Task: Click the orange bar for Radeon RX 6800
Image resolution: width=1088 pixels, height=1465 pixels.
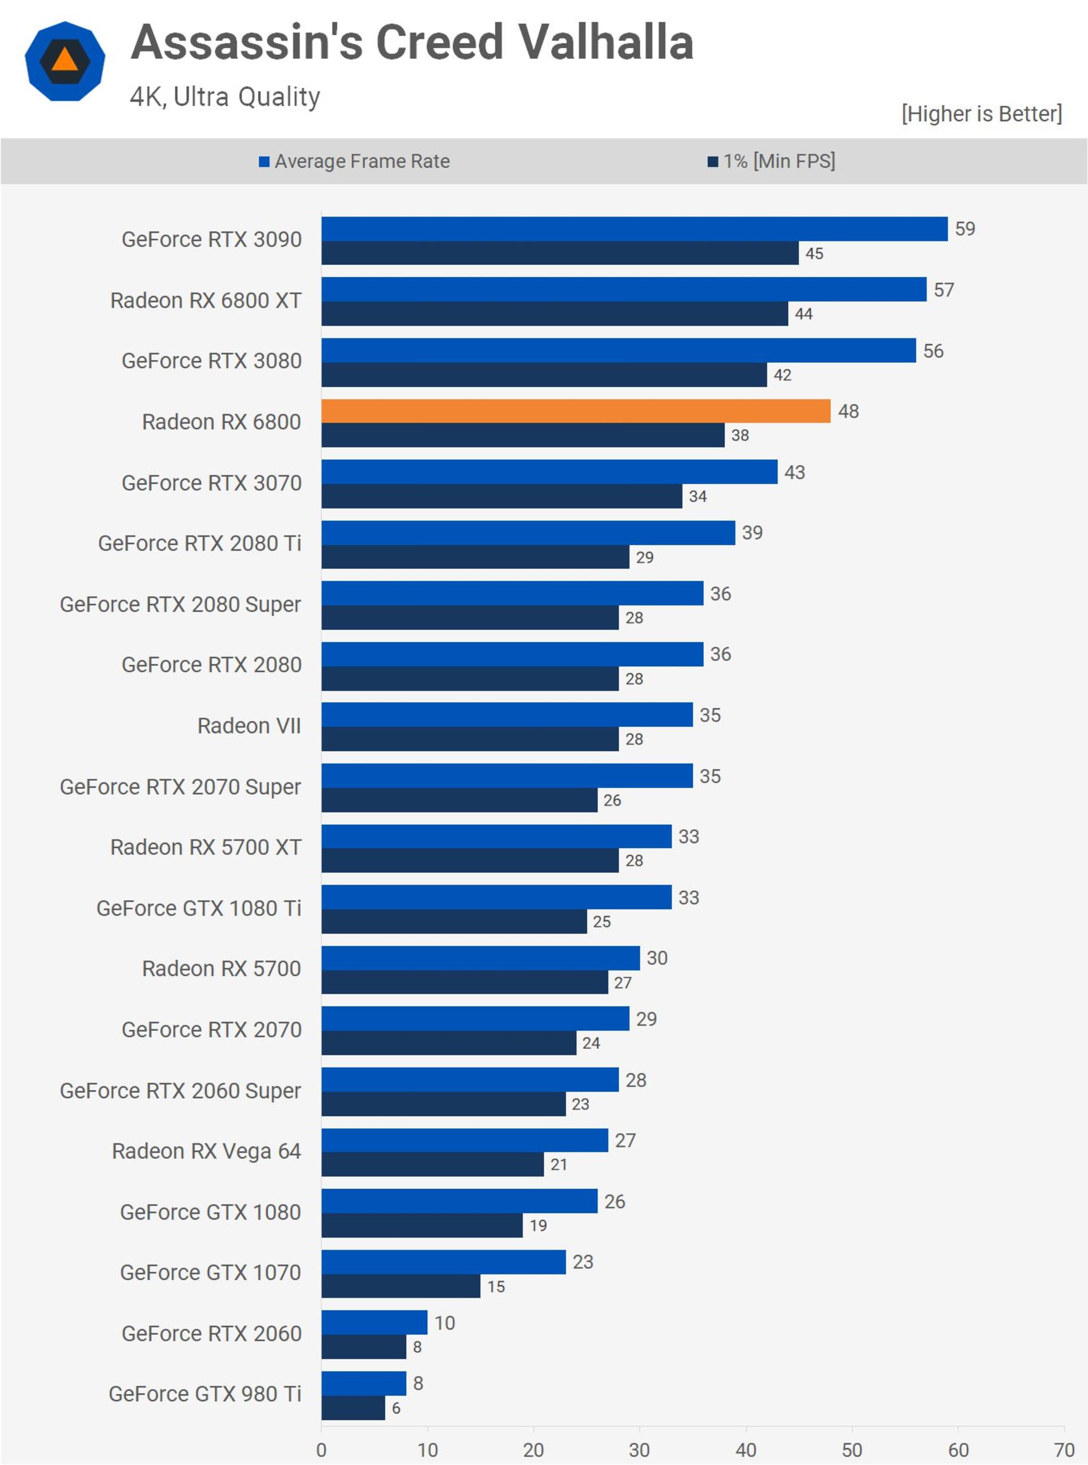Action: tap(576, 410)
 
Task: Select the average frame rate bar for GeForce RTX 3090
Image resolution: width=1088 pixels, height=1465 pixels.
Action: tap(634, 228)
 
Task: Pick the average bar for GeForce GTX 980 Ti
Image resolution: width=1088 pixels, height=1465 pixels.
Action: tap(364, 1383)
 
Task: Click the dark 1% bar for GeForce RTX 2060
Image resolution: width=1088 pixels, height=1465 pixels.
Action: tap(364, 1347)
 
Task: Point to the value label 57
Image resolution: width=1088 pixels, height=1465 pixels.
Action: tap(943, 290)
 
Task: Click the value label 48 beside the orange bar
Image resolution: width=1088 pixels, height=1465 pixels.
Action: tap(848, 411)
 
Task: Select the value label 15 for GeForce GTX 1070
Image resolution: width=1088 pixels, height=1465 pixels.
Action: tap(496, 1286)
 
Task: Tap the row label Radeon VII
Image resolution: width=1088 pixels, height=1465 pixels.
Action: tap(249, 726)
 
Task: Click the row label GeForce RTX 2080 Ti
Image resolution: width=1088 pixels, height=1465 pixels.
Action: tap(199, 543)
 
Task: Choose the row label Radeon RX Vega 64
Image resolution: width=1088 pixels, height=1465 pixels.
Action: tap(206, 1151)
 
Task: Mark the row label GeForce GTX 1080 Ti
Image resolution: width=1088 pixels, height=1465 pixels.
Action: tap(199, 908)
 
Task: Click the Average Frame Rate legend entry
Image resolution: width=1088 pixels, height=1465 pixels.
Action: tap(354, 161)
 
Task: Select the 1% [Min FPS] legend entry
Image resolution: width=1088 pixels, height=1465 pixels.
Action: tap(771, 161)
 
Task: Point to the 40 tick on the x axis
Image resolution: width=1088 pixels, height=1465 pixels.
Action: tap(746, 1449)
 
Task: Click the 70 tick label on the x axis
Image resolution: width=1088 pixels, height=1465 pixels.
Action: tap(1064, 1449)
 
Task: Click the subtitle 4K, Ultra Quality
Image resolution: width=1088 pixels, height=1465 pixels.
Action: tap(224, 97)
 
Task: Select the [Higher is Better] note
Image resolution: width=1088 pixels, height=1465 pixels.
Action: tap(982, 113)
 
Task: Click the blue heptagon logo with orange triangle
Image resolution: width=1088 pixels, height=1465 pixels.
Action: tap(65, 61)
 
